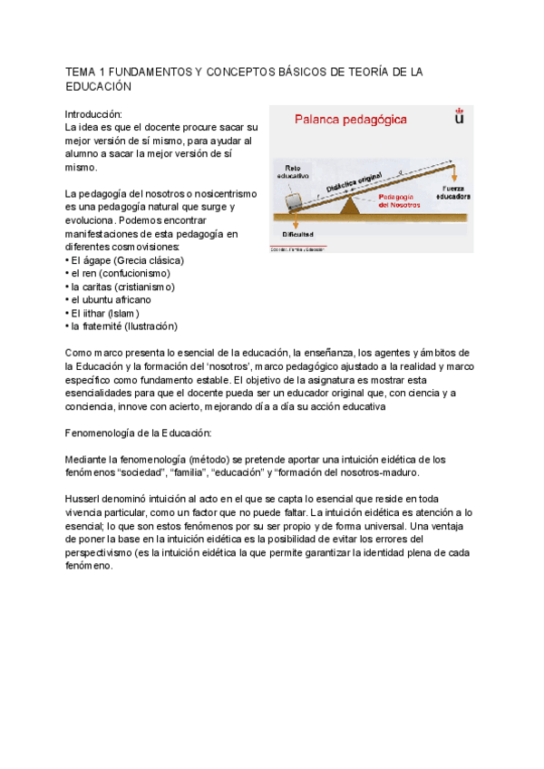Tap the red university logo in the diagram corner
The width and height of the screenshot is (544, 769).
[x=459, y=116]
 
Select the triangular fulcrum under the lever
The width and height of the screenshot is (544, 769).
[x=349, y=207]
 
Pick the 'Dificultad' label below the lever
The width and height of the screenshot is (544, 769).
[x=296, y=234]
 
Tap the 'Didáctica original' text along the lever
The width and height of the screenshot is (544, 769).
[x=354, y=184]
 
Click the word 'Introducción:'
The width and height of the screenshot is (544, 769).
[x=93, y=115]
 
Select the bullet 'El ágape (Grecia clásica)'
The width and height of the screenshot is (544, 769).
[x=125, y=260]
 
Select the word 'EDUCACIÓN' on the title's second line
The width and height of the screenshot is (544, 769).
[x=99, y=86]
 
